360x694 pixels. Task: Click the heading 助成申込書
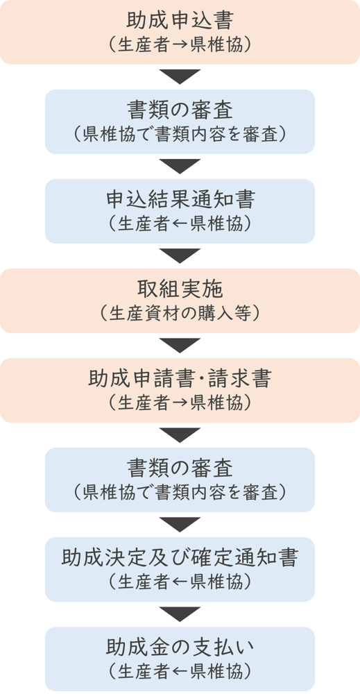pos(180,21)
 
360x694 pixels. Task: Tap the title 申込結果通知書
pos(180,200)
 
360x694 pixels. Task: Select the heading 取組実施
pos(180,289)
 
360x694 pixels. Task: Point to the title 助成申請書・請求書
pos(180,380)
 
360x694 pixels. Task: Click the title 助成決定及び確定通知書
pos(180,559)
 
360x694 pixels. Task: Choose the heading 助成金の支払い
pos(180,648)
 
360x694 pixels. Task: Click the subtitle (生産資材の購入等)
pos(180,313)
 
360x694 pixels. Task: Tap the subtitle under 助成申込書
pos(180,44)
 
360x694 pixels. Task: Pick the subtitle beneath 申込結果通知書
pos(180,224)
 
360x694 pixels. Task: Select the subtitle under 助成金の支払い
pos(180,672)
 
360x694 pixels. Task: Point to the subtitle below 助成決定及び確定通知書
pos(180,582)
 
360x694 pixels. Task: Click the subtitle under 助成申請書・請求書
pos(180,403)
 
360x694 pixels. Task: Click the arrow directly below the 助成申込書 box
pos(180,76)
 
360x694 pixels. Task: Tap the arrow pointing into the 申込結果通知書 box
pos(180,166)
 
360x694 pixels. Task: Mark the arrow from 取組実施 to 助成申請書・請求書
pos(180,345)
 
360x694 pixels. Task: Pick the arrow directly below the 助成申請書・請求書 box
pos(180,435)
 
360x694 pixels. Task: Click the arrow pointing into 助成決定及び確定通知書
pos(180,525)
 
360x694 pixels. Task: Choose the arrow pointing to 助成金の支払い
pos(180,614)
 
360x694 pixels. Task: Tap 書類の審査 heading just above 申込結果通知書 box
pos(180,110)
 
